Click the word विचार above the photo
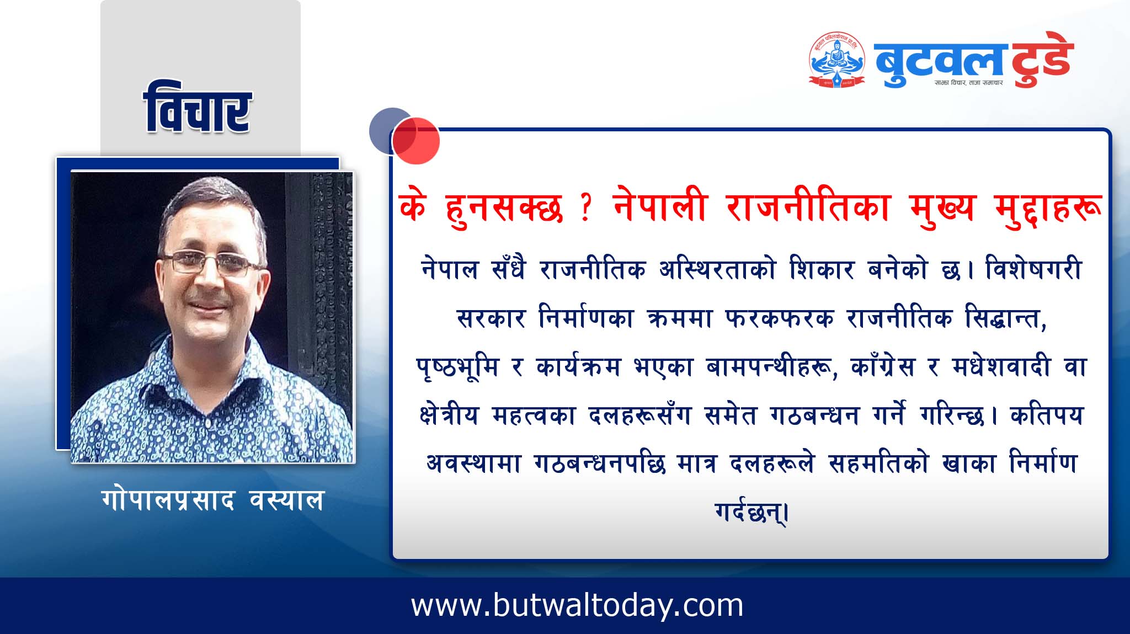[197, 108]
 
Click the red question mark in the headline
[586, 208]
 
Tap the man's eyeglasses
[212, 264]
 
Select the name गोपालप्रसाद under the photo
[168, 500]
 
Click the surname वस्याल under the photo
[286, 500]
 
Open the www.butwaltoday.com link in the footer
[577, 605]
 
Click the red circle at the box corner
[416, 141]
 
